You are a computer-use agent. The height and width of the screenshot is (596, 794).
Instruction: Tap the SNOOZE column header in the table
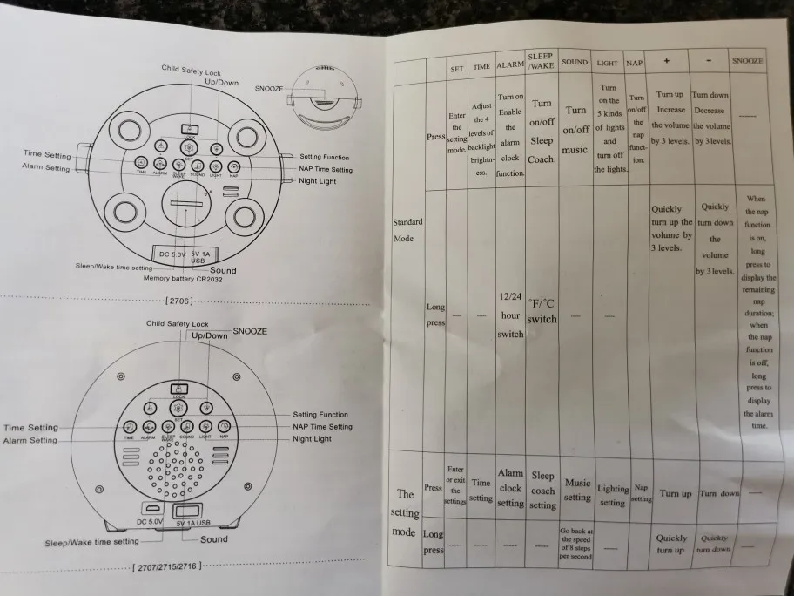[748, 61]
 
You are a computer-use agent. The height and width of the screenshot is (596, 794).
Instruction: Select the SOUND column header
[575, 62]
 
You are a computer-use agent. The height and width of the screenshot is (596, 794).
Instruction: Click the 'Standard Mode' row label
[408, 229]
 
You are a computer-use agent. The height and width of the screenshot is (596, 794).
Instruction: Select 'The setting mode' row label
[405, 512]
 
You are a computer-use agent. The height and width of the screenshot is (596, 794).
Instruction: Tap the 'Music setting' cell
[576, 490]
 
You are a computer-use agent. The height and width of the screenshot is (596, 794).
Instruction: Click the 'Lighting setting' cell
[612, 495]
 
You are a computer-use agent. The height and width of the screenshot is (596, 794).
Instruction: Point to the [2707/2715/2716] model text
[167, 566]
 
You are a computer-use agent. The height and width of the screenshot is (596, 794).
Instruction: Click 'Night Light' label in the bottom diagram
[312, 439]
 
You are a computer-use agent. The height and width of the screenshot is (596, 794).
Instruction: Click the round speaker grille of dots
[178, 471]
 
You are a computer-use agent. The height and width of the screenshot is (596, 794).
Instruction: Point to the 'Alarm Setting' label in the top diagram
[45, 167]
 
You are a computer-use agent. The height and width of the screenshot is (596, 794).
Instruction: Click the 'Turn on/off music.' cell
[575, 130]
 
